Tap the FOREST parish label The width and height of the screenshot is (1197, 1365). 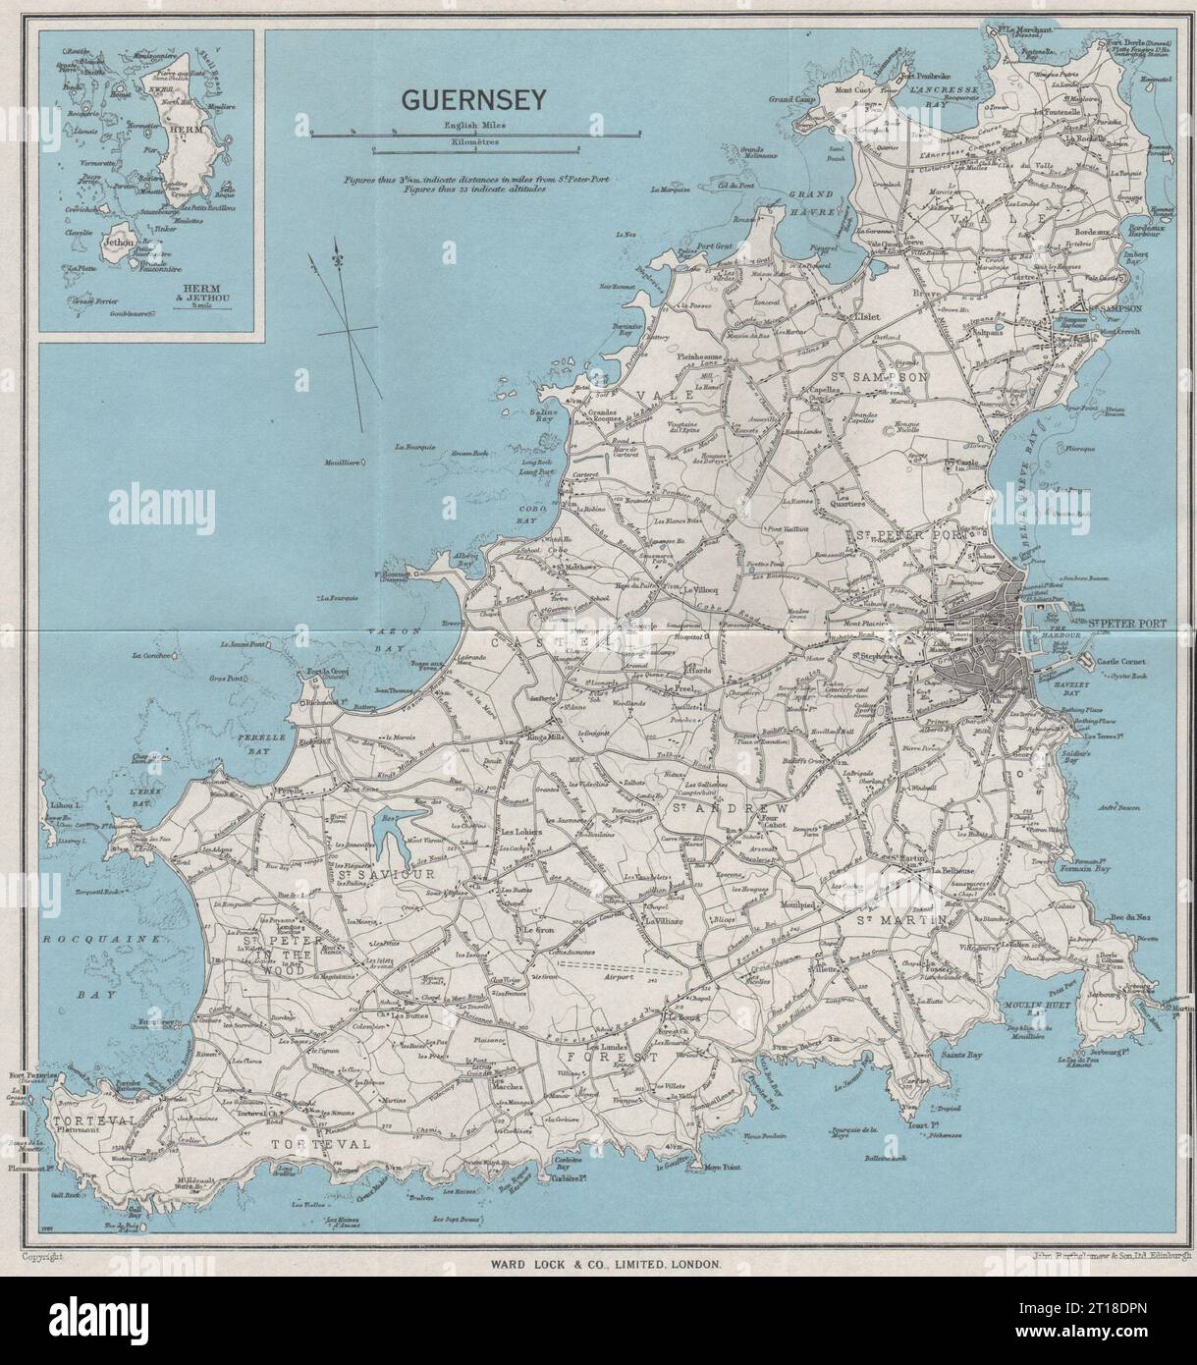tap(610, 1058)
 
